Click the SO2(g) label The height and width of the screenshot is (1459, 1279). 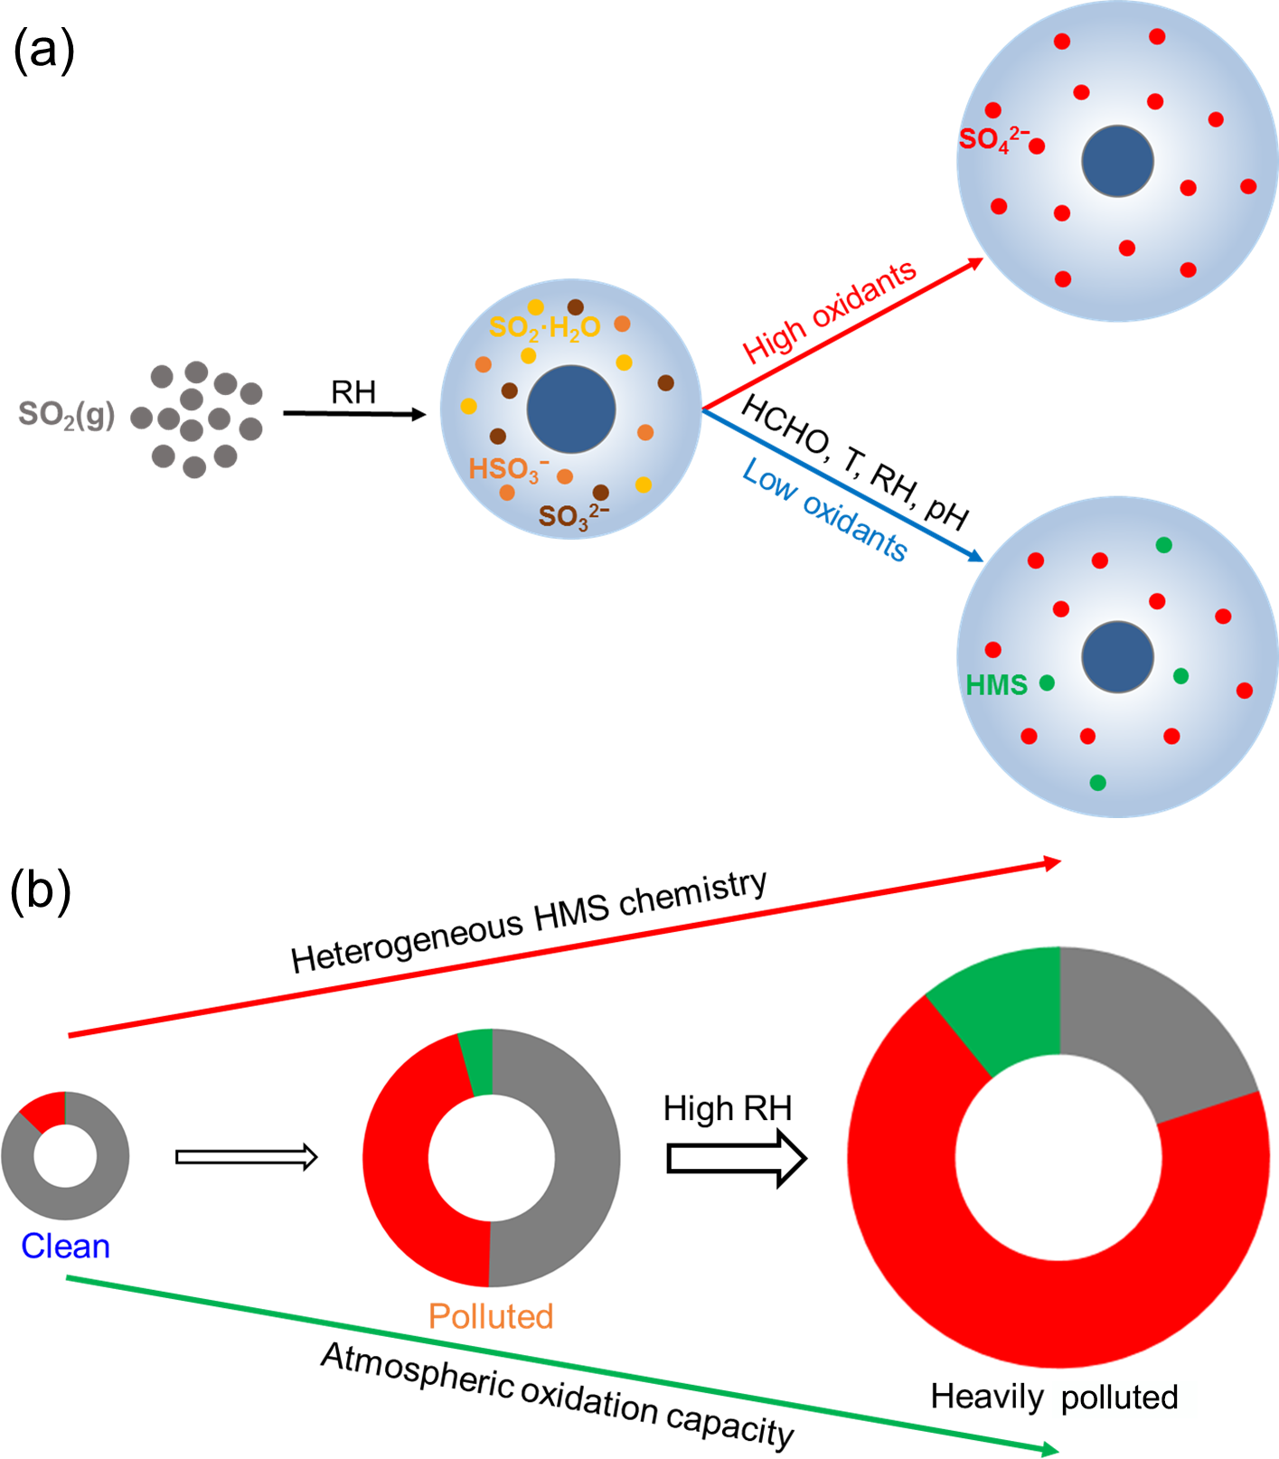point(67,415)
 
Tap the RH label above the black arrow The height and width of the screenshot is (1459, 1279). point(353,392)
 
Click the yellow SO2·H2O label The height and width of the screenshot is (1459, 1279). point(544,327)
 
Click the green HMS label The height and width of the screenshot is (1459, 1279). point(996,685)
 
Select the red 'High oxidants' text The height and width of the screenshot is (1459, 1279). point(829,311)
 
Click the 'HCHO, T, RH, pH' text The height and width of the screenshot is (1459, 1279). point(854,462)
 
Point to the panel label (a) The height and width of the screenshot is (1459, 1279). point(43,50)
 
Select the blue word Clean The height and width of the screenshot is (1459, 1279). point(65,1246)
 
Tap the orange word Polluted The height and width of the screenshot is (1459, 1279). point(491,1316)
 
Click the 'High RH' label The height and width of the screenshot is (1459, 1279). point(727,1108)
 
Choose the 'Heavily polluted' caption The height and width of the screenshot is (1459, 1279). point(1054,1397)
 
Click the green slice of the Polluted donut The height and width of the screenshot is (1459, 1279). point(477,1063)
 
